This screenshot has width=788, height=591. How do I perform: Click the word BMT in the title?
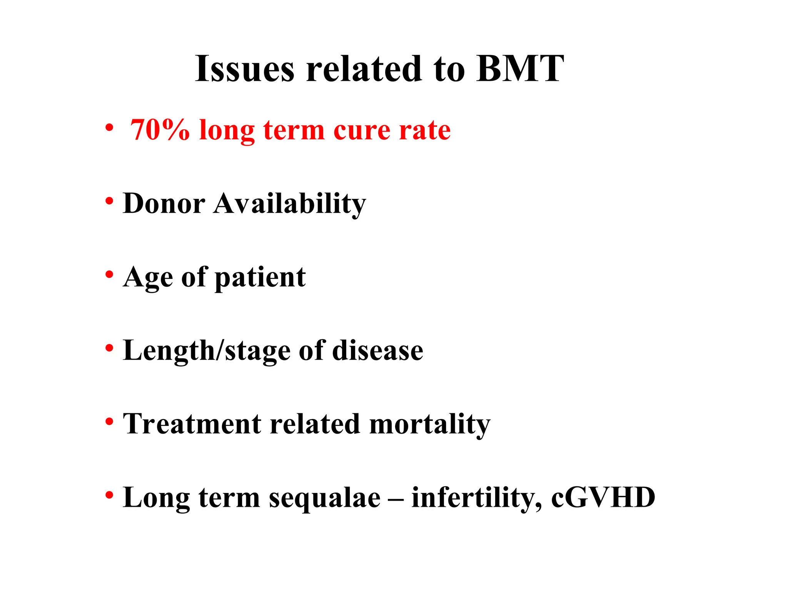coord(519,69)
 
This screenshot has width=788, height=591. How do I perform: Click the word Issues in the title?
coord(245,69)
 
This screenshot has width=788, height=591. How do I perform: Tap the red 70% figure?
coord(160,130)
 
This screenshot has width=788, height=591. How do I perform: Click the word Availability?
coord(290,204)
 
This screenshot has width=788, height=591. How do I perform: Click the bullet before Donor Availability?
coord(110,201)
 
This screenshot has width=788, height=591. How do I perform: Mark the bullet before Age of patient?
coord(110,275)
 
